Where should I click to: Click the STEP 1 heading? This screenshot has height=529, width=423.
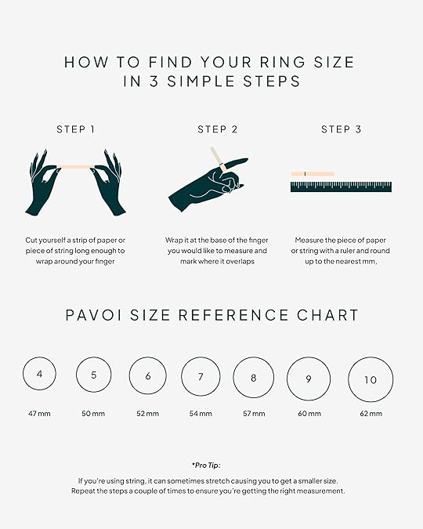pyautogui.click(x=76, y=129)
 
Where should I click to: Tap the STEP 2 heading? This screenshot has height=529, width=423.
pyautogui.click(x=218, y=129)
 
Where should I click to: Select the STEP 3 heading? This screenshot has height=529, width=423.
pyautogui.click(x=341, y=129)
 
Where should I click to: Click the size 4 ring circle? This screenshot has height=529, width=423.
pyautogui.click(x=23, y=374)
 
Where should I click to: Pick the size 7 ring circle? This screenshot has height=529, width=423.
pyautogui.click(x=182, y=376)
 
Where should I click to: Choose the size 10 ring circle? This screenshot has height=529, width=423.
pyautogui.click(x=349, y=379)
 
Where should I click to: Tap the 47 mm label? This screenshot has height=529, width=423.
pyautogui.click(x=39, y=414)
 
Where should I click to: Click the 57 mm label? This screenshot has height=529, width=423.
pyautogui.click(x=254, y=414)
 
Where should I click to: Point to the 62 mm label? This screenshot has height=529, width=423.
pyautogui.click(x=371, y=414)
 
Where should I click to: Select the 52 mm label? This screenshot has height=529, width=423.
pyautogui.click(x=148, y=414)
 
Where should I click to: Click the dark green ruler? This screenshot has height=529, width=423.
pyautogui.click(x=341, y=187)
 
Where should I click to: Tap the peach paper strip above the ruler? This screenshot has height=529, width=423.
pyautogui.click(x=313, y=174)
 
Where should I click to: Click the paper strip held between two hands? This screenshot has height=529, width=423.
pyautogui.click(x=75, y=167)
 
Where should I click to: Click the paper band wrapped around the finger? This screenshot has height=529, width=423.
pyautogui.click(x=222, y=167)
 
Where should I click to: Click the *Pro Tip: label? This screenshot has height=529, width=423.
pyautogui.click(x=206, y=466)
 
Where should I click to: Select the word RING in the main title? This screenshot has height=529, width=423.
pyautogui.click(x=283, y=63)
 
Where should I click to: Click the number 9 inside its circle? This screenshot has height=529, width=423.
pyautogui.click(x=309, y=379)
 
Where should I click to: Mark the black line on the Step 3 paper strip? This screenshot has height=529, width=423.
pyautogui.click(x=305, y=174)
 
